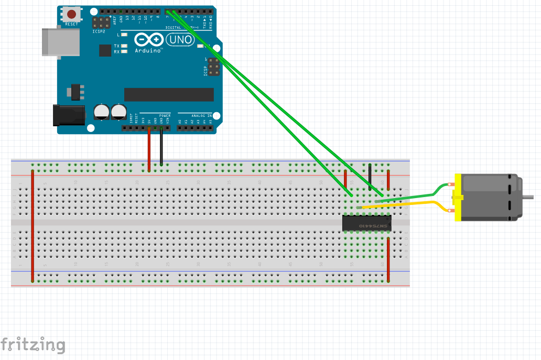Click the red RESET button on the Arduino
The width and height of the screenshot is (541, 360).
(72, 15)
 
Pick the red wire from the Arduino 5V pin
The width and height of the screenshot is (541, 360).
(149, 149)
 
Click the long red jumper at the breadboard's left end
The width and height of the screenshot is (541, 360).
(33, 225)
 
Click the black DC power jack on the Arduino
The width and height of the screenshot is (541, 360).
(68, 115)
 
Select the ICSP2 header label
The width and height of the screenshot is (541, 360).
(99, 31)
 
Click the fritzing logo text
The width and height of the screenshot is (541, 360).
(33, 345)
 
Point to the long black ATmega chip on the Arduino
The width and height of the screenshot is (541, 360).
(169, 94)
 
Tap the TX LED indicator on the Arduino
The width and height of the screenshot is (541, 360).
(124, 46)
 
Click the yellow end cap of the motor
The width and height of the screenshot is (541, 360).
(457, 197)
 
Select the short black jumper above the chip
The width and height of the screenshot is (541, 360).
(370, 177)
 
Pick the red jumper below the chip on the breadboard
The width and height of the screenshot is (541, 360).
(388, 259)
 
